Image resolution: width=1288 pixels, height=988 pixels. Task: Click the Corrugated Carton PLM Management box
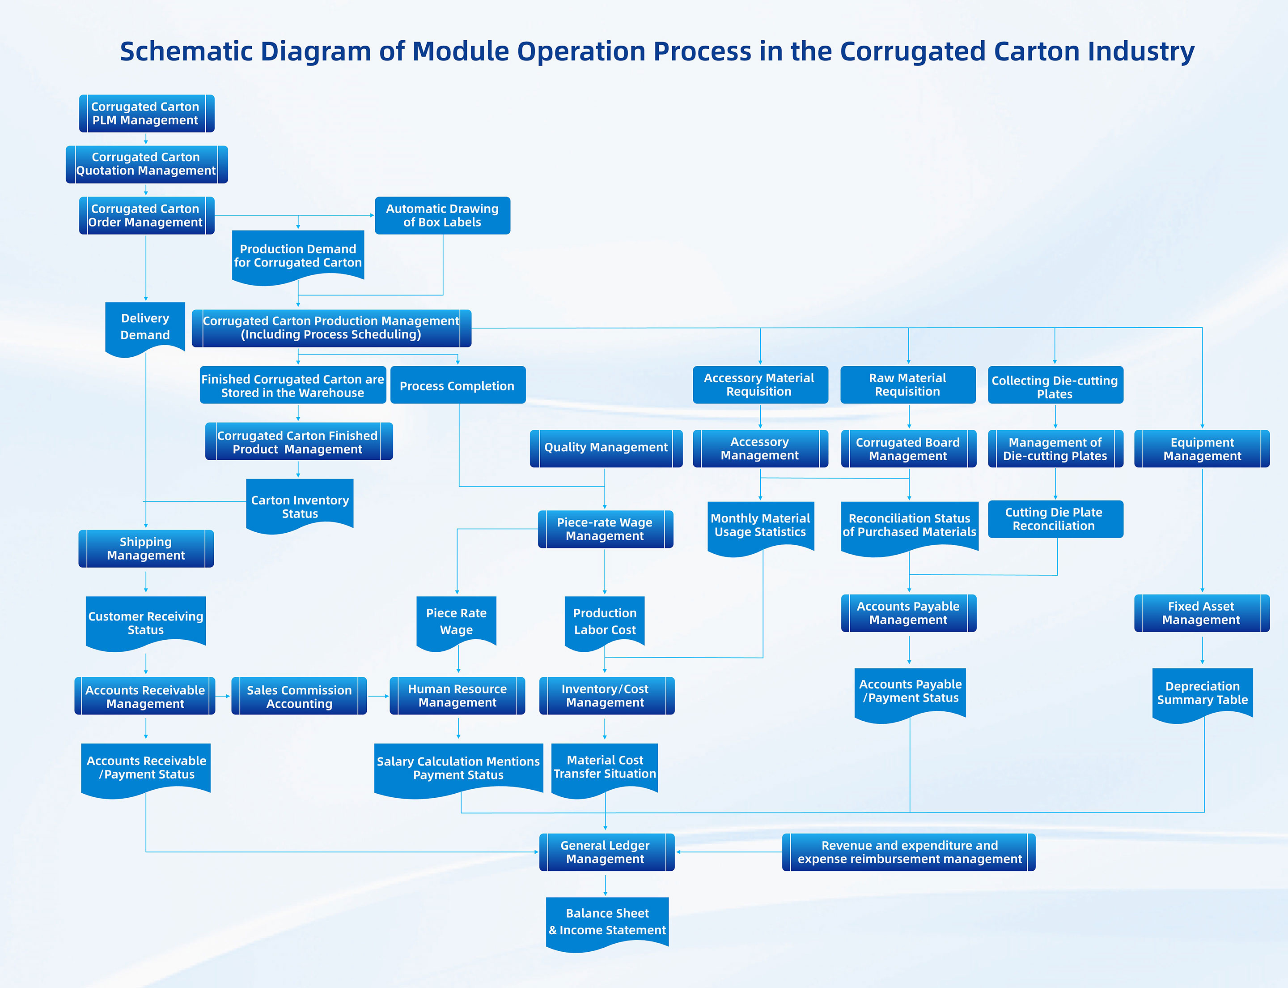(x=146, y=114)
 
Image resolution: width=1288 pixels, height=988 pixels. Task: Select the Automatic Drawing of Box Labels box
(x=442, y=215)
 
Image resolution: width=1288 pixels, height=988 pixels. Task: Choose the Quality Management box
(x=606, y=448)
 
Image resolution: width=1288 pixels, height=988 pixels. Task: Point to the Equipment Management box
(x=1202, y=449)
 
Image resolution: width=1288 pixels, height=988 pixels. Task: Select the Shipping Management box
(x=146, y=549)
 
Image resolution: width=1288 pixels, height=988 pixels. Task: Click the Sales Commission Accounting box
(x=299, y=696)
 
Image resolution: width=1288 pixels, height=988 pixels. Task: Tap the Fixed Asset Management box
(x=1202, y=613)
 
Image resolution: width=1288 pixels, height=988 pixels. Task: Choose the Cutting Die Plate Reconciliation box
(x=1055, y=519)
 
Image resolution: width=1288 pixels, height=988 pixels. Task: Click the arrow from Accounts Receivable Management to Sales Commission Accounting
(x=223, y=696)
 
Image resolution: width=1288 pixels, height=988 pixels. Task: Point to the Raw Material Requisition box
(x=908, y=385)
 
